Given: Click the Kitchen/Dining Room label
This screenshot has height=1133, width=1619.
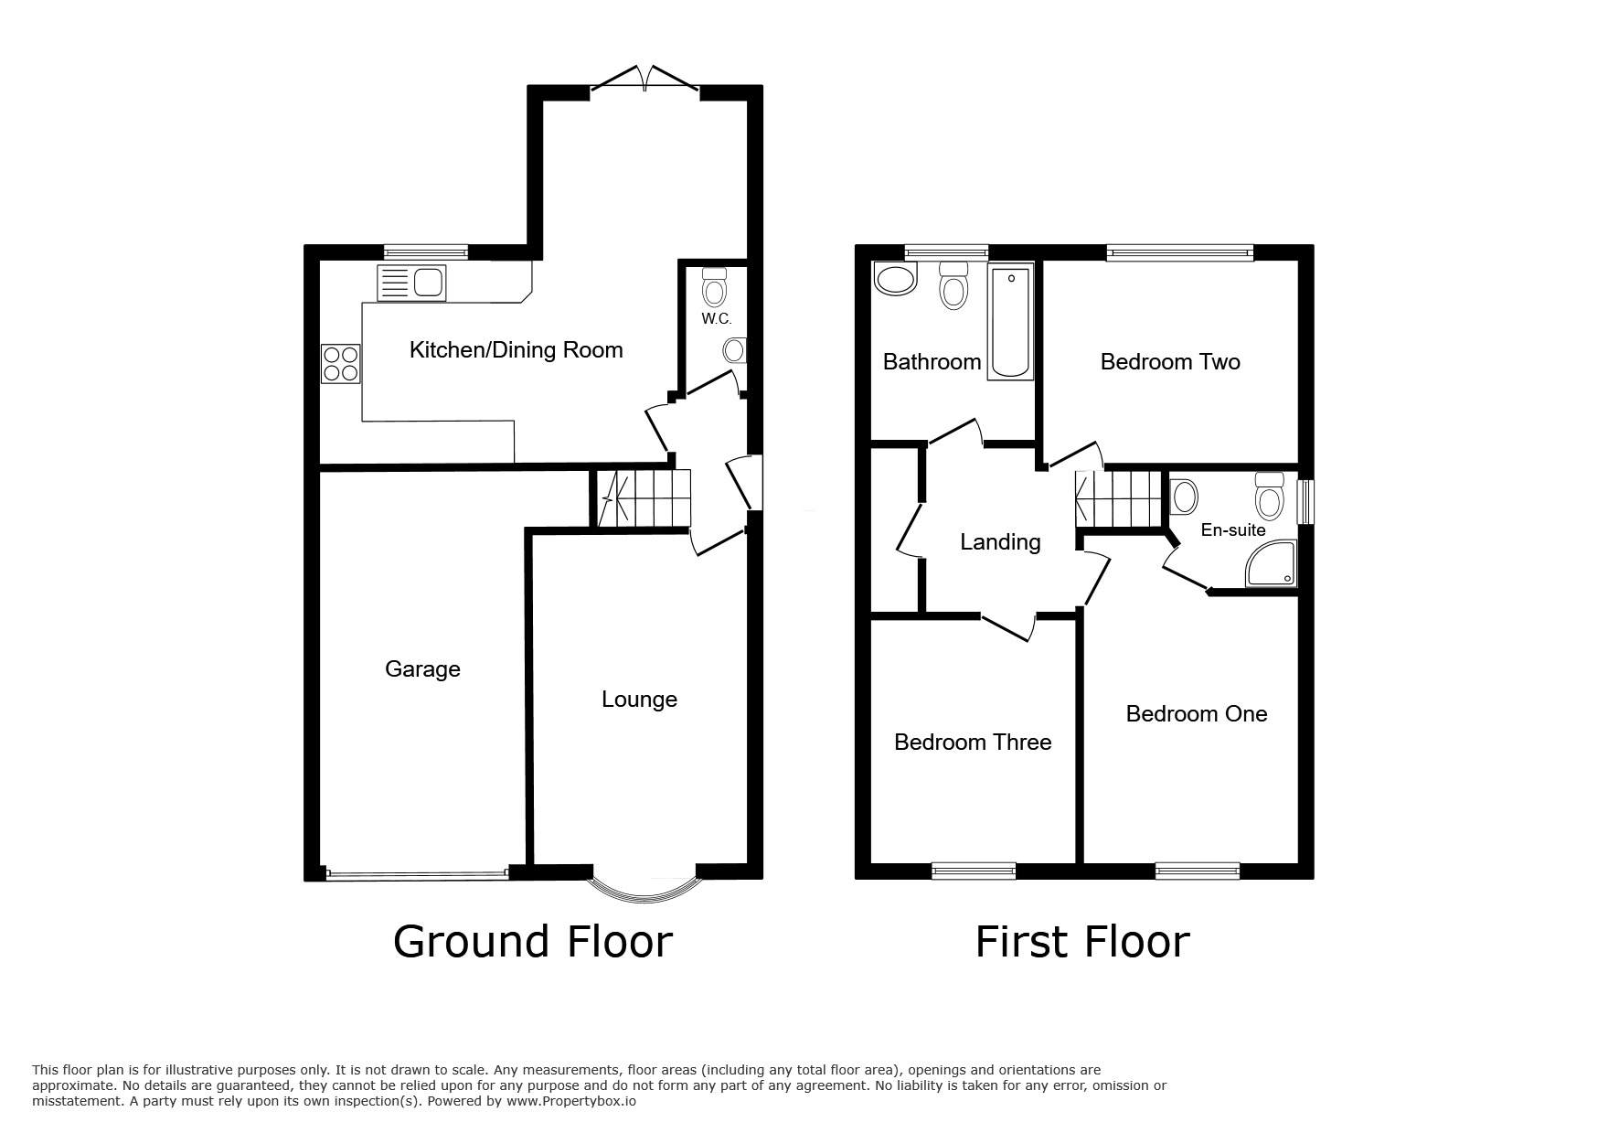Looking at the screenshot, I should pyautogui.click(x=516, y=350).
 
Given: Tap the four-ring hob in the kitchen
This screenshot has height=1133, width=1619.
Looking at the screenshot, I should pyautogui.click(x=340, y=363).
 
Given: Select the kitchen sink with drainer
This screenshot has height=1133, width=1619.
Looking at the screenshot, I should pyautogui.click(x=410, y=283).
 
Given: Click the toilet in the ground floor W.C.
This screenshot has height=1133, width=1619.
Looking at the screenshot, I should pyautogui.click(x=714, y=289).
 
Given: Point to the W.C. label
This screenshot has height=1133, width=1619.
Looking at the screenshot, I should pyautogui.click(x=716, y=319).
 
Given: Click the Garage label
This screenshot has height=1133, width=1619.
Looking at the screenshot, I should pyautogui.click(x=422, y=669).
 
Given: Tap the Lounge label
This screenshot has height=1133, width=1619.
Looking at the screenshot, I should pyautogui.click(x=639, y=700).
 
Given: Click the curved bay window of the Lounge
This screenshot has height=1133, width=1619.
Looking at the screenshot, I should pyautogui.click(x=644, y=886).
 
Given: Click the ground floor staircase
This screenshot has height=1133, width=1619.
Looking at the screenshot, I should pyautogui.click(x=643, y=498).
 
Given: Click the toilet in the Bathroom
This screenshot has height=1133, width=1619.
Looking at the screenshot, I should pyautogui.click(x=953, y=285).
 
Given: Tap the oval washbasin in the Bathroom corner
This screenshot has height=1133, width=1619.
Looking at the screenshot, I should pyautogui.click(x=895, y=280).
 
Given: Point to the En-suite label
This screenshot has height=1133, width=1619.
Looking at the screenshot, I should pyautogui.click(x=1232, y=530).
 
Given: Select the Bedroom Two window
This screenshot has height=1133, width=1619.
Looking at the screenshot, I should pyautogui.click(x=1178, y=253).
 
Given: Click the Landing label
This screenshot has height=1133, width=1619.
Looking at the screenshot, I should pyautogui.click(x=1000, y=542).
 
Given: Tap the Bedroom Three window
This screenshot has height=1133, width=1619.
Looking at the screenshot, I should pyautogui.click(x=973, y=871).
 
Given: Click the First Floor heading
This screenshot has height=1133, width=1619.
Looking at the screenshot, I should pyautogui.click(x=1082, y=942).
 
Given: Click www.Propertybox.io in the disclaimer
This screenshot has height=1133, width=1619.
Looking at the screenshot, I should pyautogui.click(x=571, y=1101).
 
